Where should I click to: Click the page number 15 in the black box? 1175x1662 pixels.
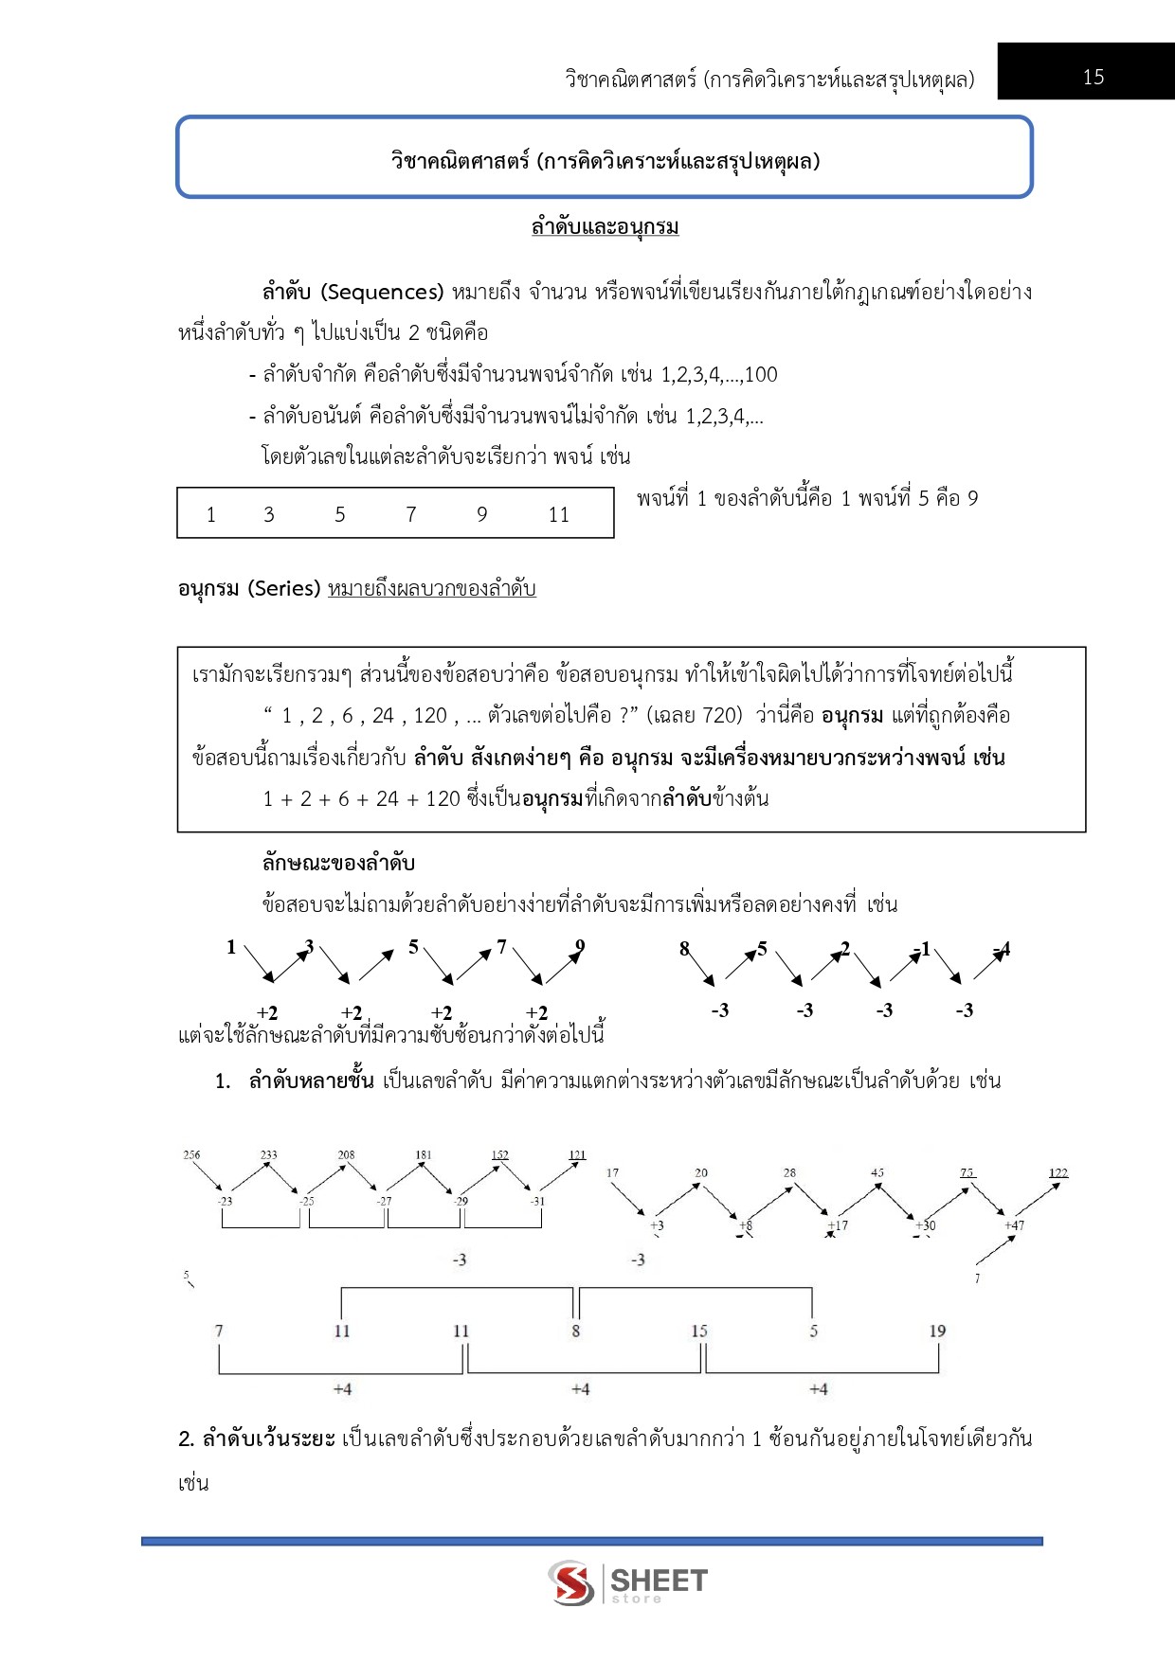[x=1093, y=78]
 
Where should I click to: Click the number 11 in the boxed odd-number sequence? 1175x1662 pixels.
[x=558, y=514]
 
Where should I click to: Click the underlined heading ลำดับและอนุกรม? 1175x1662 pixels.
[x=605, y=227]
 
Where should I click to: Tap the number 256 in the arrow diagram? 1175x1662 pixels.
[x=191, y=1154]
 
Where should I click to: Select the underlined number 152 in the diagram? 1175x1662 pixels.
[x=499, y=1154]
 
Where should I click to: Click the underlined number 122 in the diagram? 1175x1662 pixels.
[x=1057, y=1172]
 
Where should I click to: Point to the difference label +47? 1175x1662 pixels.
[x=1014, y=1224]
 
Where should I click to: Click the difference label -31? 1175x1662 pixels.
[x=537, y=1201]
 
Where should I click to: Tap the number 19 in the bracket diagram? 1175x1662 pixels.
[x=937, y=1331]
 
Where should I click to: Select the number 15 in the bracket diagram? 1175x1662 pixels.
[x=699, y=1331]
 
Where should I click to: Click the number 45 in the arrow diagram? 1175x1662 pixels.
[x=877, y=1172]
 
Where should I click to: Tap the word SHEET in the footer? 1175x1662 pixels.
[x=659, y=1580]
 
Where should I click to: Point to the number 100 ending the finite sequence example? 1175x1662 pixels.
[x=761, y=375]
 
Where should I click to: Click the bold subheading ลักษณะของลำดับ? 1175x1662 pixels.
[x=338, y=863]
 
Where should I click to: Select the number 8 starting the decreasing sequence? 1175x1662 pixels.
[x=684, y=948]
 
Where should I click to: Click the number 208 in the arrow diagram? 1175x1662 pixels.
[x=346, y=1154]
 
